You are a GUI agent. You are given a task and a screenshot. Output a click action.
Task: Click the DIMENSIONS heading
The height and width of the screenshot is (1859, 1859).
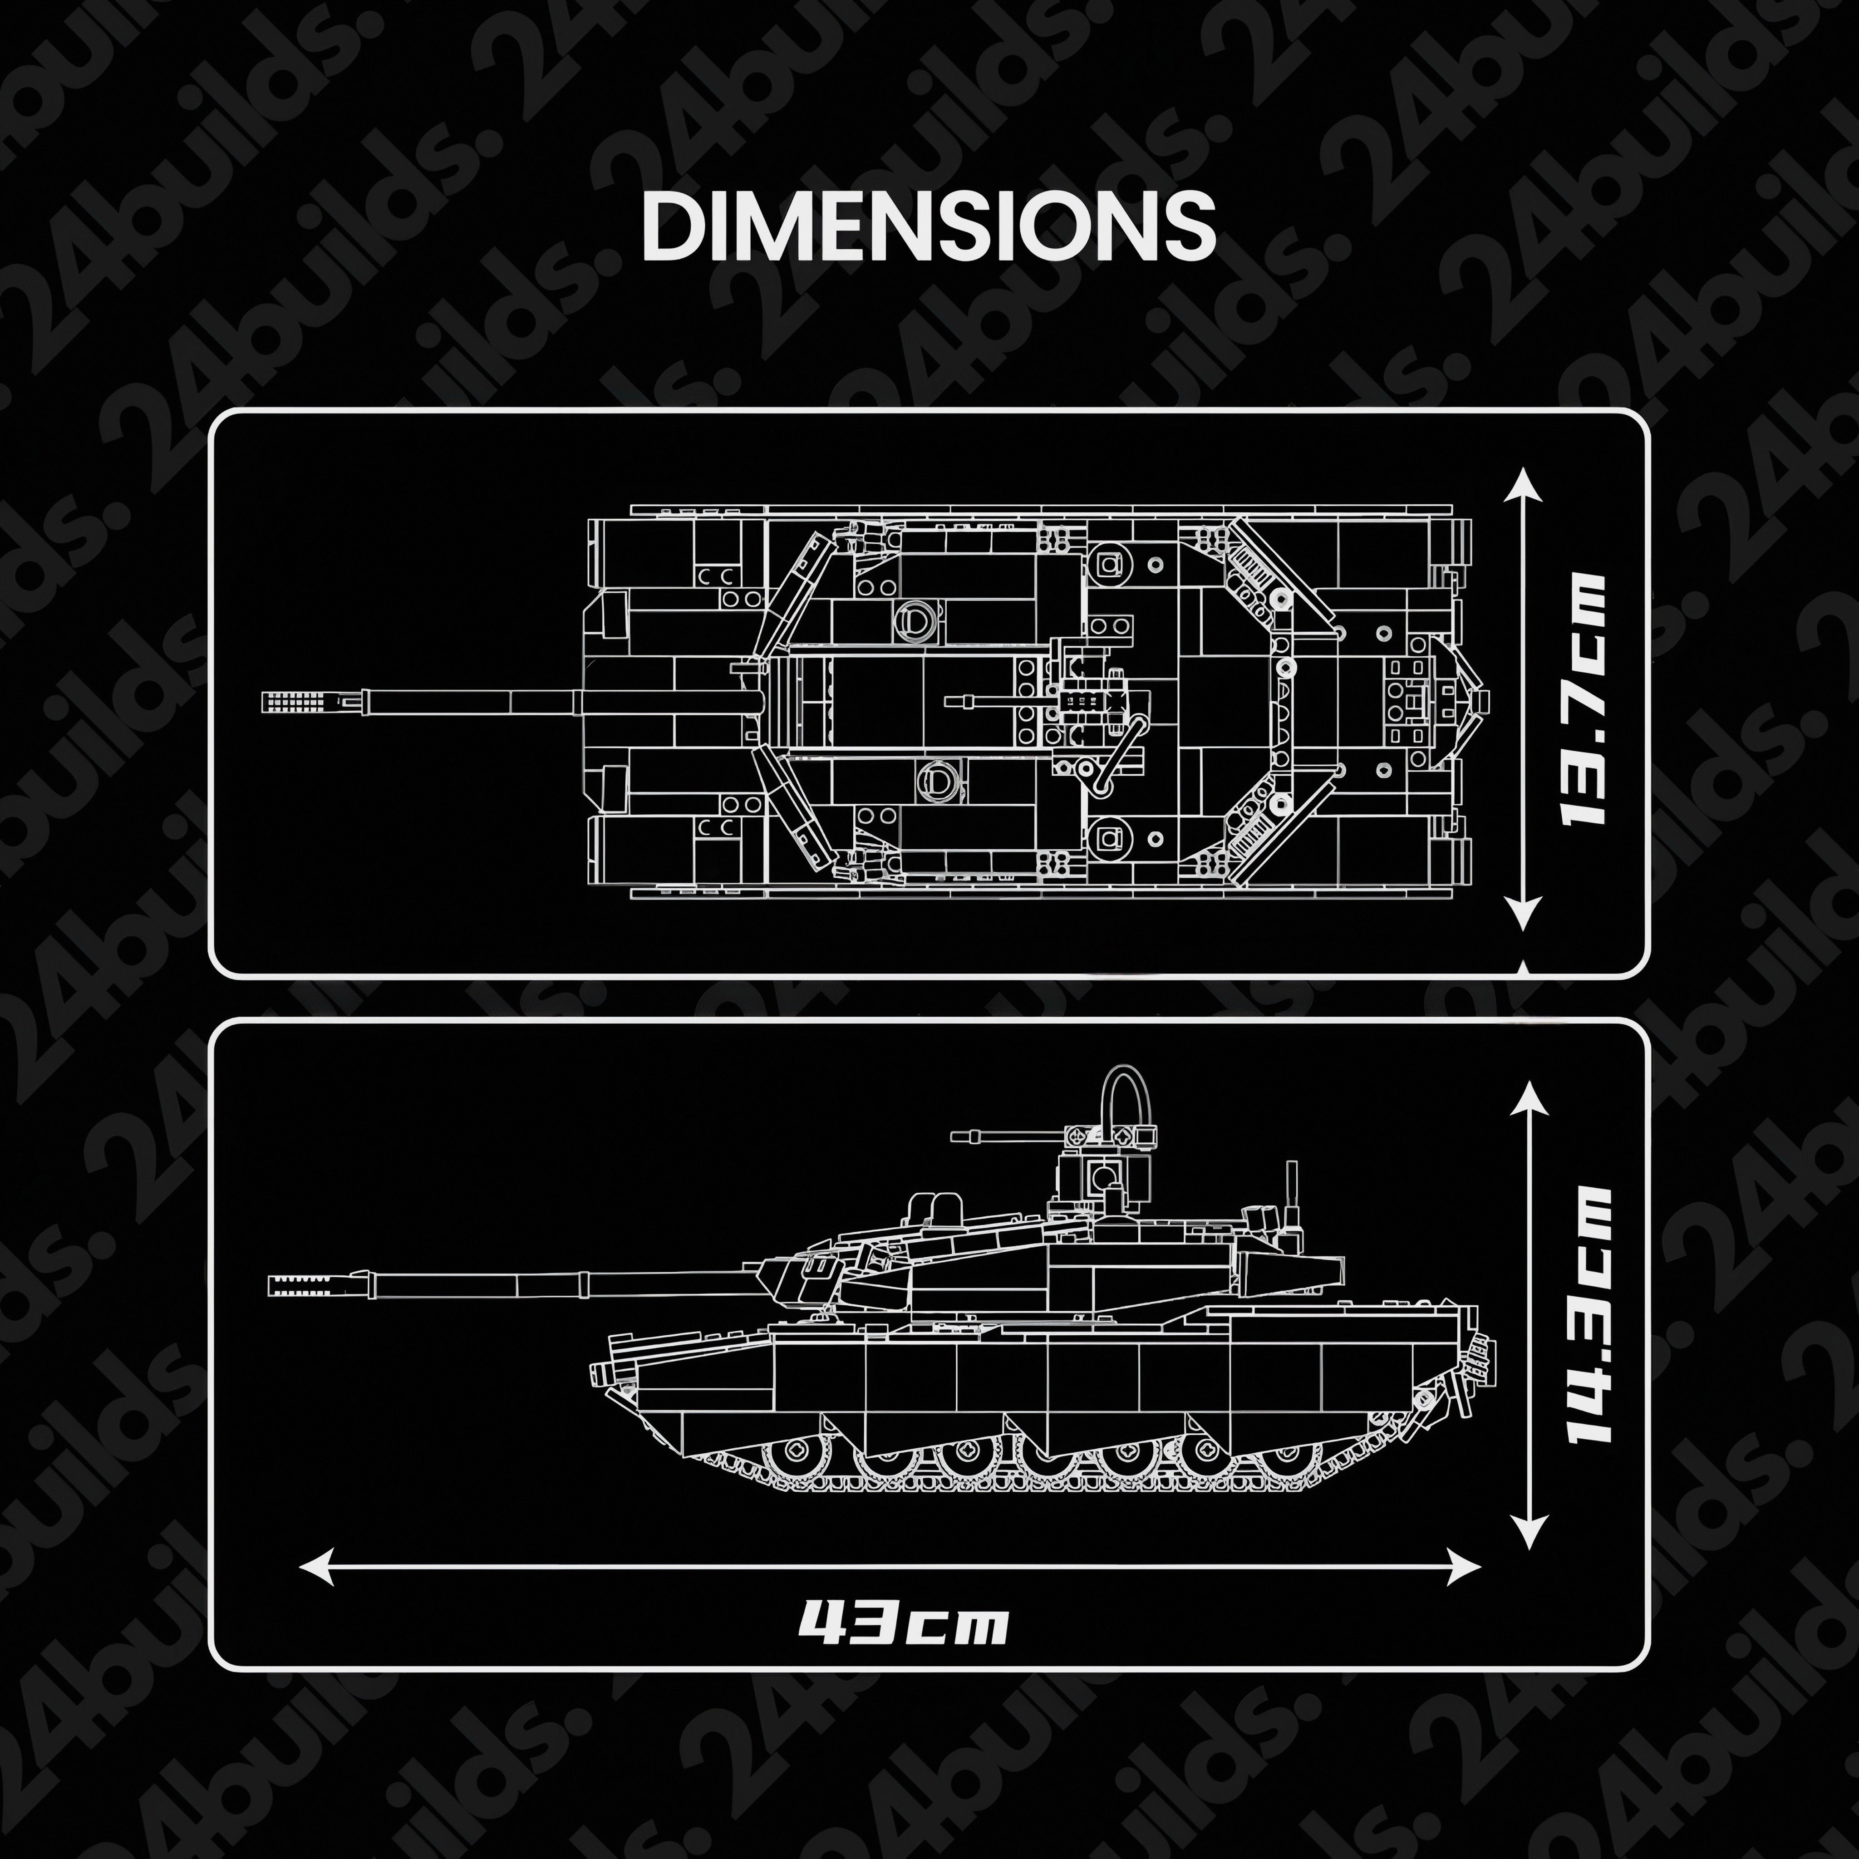929,226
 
